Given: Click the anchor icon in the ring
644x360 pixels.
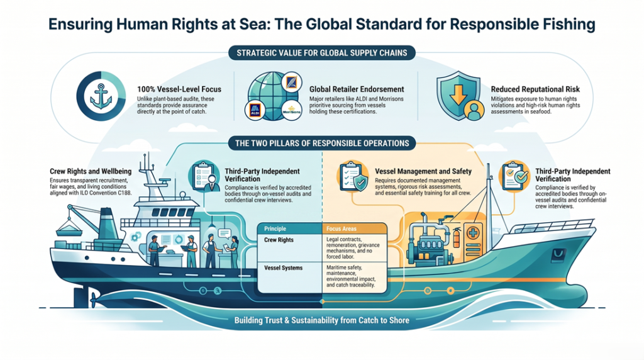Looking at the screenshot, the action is [101, 96].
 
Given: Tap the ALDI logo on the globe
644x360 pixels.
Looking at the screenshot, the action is [255, 110].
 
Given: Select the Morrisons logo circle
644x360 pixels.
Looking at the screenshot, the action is [292, 111].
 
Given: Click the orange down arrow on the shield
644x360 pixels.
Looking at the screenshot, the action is [458, 93].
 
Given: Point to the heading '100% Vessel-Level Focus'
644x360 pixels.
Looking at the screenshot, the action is [179, 89].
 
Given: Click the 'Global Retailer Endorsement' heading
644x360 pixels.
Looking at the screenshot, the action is [357, 89].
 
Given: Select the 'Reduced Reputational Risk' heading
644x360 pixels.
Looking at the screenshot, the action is [535, 89].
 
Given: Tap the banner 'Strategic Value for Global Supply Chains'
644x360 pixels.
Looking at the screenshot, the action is [322, 53].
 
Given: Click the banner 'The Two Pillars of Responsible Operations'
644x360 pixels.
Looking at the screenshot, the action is [322, 143].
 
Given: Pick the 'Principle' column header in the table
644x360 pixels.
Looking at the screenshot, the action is [275, 228].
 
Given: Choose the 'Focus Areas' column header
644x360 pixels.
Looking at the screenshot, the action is [341, 228].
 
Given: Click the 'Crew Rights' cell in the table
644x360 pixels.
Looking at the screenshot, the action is [279, 240].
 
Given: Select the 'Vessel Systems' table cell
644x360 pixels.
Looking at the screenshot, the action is [284, 268].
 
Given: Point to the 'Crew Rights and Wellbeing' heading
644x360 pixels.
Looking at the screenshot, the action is [91, 171].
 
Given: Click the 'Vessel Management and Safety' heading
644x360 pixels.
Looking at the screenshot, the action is [423, 171].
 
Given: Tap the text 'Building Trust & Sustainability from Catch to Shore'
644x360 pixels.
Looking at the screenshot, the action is [321, 320].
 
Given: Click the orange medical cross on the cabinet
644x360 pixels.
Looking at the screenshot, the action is [473, 233].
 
